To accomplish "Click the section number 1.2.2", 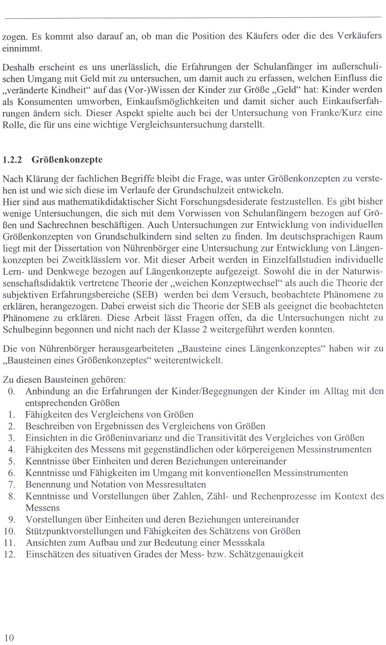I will (12, 160).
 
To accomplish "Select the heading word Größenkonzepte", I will (67, 160).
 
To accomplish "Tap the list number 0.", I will (11, 391).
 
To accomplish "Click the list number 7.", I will (11, 484).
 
